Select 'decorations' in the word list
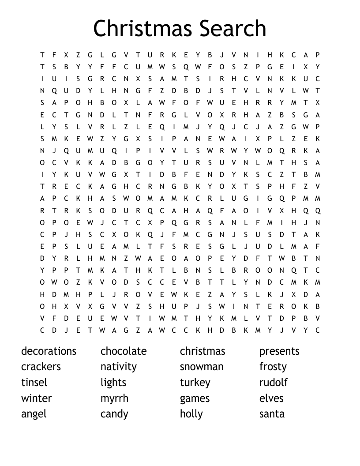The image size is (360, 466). (x=49, y=351)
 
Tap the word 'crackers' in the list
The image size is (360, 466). (x=41, y=367)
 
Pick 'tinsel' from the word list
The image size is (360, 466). (x=34, y=383)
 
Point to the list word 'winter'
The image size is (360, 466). (x=37, y=398)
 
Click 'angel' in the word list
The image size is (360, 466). (x=34, y=414)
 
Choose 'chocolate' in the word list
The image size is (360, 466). (x=124, y=351)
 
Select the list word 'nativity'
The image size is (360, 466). (x=119, y=367)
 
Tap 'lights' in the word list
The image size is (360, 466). (x=113, y=383)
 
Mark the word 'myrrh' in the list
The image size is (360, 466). (x=114, y=399)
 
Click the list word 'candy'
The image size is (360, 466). (x=114, y=414)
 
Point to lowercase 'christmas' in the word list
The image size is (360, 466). (x=202, y=351)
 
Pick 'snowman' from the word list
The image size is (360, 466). (x=202, y=367)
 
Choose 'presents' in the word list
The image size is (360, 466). (x=279, y=351)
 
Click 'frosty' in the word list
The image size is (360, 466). (x=273, y=367)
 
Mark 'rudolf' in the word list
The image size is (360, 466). (x=274, y=383)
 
